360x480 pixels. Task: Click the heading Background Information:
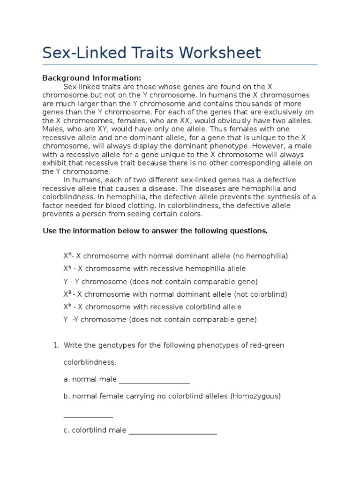point(91,78)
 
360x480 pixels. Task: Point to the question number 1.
point(55,345)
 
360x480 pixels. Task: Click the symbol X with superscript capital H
point(67,256)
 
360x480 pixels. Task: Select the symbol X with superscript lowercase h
point(67,269)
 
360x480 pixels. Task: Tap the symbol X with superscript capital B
point(67,294)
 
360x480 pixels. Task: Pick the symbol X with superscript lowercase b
point(67,307)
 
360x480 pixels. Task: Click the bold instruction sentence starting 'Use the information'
point(155,231)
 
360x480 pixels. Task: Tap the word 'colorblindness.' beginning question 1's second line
point(90,362)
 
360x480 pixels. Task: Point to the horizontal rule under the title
point(180,65)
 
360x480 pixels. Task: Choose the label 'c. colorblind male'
point(95,430)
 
